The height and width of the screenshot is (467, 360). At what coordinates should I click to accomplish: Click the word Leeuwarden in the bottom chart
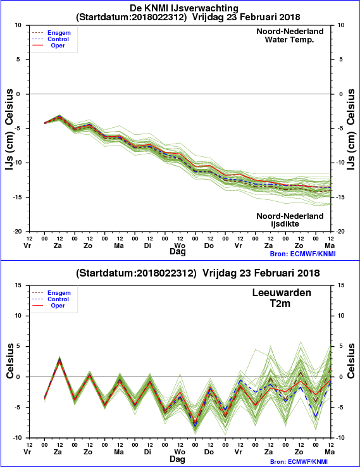[282, 292]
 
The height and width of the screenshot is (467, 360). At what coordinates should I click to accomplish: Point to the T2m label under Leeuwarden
[280, 303]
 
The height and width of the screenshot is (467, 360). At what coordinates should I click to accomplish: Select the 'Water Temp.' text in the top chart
[289, 40]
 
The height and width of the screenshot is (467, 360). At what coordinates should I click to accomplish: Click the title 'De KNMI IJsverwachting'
[184, 8]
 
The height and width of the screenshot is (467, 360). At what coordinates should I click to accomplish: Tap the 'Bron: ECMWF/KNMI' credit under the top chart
[302, 254]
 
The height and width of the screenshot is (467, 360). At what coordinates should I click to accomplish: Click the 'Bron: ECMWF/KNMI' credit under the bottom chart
[302, 462]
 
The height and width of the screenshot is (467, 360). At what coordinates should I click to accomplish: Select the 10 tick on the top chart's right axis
[341, 25]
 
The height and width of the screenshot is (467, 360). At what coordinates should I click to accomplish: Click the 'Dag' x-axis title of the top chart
[177, 251]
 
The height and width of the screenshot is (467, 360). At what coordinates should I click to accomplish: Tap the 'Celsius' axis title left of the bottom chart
[10, 361]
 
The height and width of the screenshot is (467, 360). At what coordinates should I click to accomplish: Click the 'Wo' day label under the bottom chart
[180, 452]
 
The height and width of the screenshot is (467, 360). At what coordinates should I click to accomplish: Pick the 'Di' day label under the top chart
[147, 246]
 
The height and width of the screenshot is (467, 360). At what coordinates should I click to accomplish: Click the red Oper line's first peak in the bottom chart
[59, 362]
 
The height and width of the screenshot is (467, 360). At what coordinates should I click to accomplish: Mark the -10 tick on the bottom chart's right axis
[341, 437]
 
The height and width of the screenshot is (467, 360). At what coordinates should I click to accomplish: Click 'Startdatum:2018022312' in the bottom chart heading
[136, 273]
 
